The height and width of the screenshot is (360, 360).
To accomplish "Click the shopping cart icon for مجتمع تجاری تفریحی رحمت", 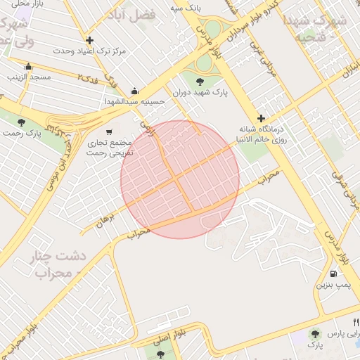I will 108,131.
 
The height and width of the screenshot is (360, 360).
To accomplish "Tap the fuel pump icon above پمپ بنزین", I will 332,274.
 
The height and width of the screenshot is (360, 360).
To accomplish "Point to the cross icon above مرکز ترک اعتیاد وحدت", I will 89,40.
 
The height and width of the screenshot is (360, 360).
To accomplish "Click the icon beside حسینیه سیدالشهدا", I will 135,91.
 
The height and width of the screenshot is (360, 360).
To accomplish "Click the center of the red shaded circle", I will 180,179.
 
